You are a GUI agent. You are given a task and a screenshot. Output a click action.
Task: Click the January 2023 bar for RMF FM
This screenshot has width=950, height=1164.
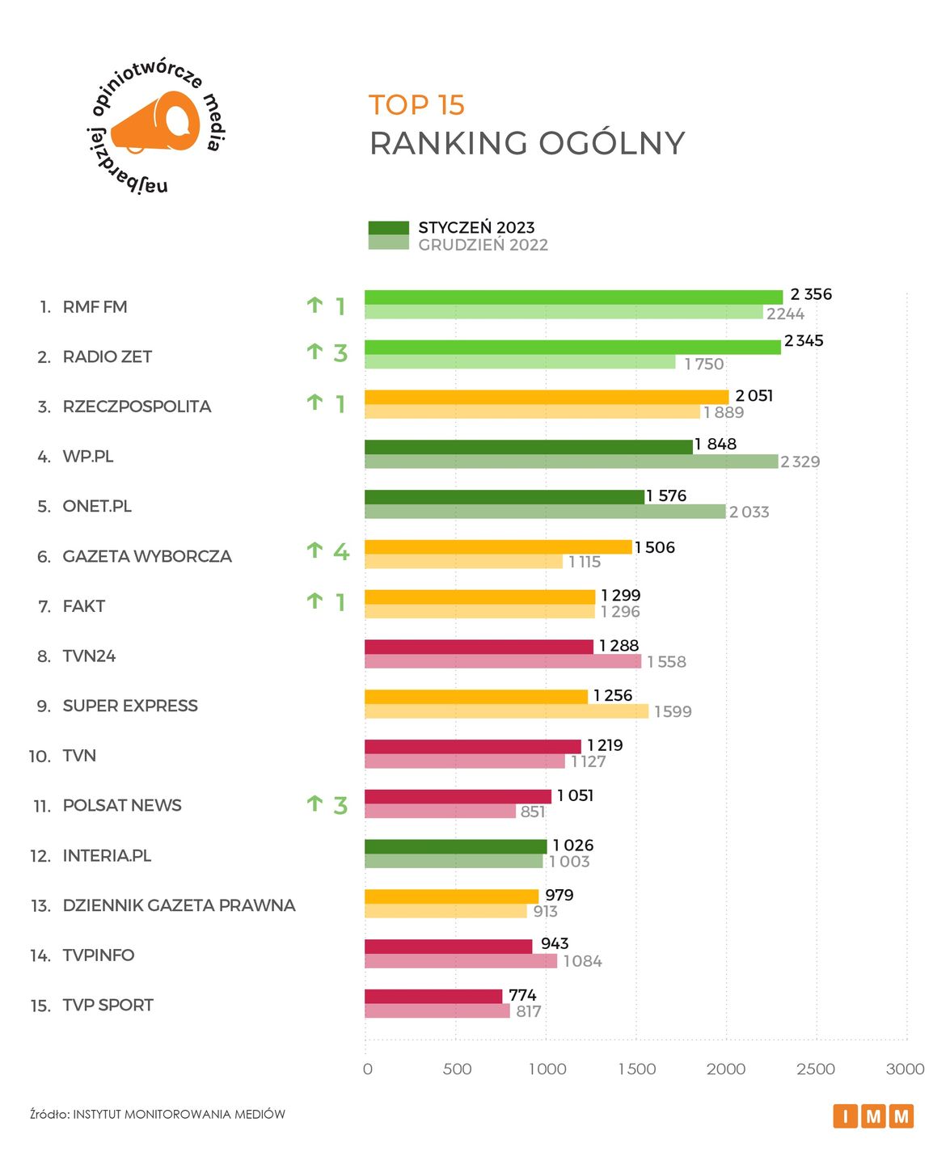[x=573, y=297]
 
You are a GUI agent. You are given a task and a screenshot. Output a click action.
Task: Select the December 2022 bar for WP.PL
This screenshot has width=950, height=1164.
[x=571, y=462]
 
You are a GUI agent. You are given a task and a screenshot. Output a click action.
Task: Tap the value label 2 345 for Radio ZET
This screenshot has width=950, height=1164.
[x=804, y=341]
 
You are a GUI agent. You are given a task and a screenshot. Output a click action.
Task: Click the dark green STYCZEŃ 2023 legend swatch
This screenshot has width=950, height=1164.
[x=388, y=228]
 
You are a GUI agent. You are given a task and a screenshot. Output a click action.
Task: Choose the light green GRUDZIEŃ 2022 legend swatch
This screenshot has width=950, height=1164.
[x=388, y=242]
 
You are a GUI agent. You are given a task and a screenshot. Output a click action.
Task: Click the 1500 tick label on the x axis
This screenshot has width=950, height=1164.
[x=637, y=1069]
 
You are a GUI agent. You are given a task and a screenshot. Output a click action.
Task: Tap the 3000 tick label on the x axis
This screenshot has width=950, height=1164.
[x=905, y=1069]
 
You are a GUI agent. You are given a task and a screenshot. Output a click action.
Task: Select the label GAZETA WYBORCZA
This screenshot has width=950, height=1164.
[x=147, y=556]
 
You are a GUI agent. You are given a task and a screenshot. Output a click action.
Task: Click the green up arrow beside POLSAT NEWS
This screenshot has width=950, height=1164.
[x=315, y=803]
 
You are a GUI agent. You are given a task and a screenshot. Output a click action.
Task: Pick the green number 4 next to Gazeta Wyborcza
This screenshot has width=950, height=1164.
[x=341, y=552]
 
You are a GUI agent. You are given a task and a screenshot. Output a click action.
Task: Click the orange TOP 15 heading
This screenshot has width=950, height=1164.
[x=416, y=105]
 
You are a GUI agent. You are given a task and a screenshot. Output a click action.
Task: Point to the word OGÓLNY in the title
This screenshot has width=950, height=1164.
[x=611, y=144]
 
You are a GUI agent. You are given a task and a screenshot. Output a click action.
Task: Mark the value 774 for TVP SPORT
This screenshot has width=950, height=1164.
[x=522, y=995]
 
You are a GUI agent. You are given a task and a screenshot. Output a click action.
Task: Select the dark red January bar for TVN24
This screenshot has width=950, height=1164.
[x=479, y=647]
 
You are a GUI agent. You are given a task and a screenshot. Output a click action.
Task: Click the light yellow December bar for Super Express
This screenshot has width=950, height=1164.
[x=506, y=711]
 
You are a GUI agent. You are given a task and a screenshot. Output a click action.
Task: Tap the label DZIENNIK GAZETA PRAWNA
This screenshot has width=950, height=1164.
[x=179, y=905]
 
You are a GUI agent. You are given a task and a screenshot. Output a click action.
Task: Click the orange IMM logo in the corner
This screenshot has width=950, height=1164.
[x=873, y=1116]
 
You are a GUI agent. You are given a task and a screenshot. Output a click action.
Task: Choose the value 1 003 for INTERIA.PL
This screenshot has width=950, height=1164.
[x=569, y=862]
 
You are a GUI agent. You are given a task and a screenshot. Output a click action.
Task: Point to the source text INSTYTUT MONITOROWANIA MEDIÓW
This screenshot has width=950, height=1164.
[x=179, y=1114]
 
